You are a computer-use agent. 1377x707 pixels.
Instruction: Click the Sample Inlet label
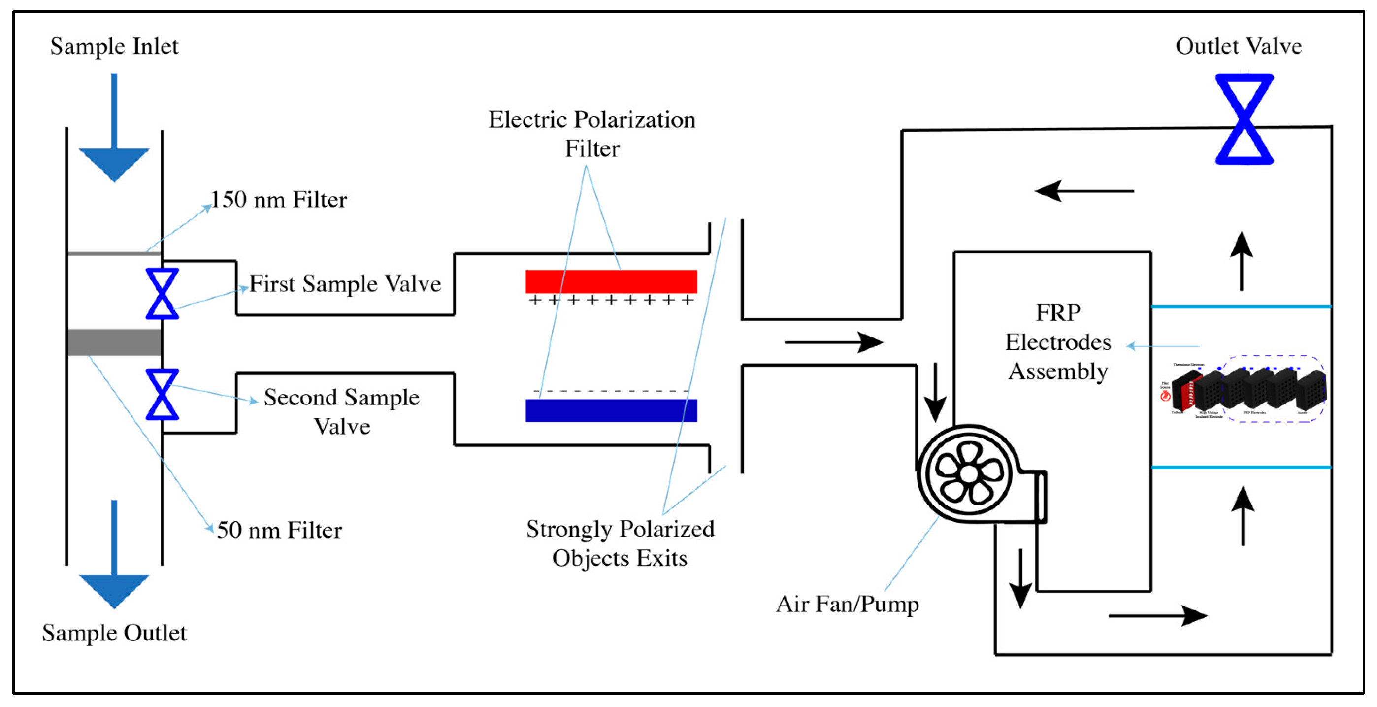click(x=114, y=46)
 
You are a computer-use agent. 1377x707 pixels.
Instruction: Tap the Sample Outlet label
click(x=114, y=633)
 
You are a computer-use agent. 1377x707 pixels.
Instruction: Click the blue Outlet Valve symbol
click(x=1244, y=119)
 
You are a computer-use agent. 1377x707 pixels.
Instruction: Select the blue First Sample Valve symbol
click(x=162, y=294)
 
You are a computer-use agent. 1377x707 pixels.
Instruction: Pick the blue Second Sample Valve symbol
click(x=162, y=394)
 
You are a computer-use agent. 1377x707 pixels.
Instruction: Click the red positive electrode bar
click(x=611, y=281)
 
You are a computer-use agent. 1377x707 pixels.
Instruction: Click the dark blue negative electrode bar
click(x=611, y=410)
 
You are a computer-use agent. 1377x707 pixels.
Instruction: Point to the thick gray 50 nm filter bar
click(x=114, y=342)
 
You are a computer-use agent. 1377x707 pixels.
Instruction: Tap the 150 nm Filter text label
click(x=278, y=200)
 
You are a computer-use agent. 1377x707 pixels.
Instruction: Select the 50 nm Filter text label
click(x=279, y=530)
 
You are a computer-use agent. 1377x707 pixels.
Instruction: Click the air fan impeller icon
click(x=969, y=473)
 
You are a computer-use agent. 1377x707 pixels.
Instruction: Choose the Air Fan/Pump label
click(x=847, y=605)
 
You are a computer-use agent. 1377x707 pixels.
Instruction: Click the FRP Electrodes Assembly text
click(x=1058, y=342)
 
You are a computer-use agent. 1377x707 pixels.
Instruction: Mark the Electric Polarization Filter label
click(x=592, y=134)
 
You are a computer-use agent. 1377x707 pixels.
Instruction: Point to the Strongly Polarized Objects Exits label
click(x=620, y=543)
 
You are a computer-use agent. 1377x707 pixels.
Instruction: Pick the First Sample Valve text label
click(x=345, y=284)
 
